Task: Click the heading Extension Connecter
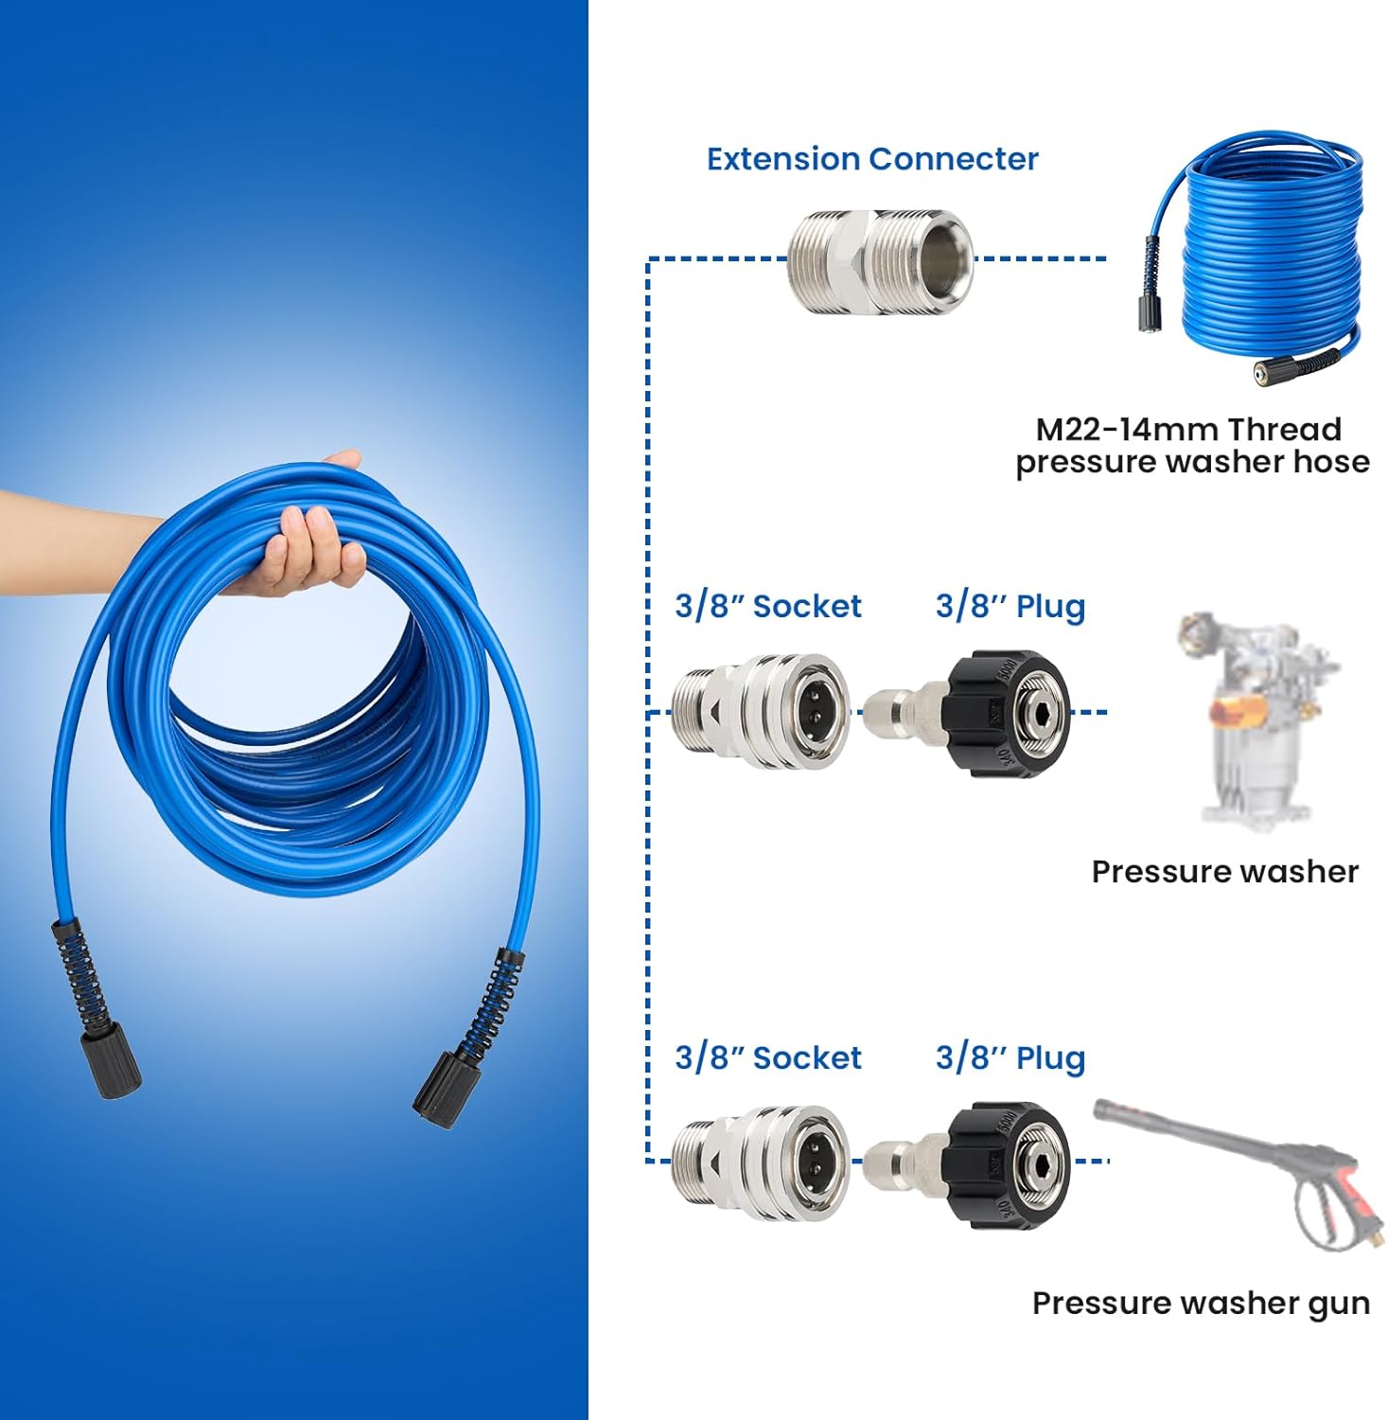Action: [x=872, y=159]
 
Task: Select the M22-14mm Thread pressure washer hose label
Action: [x=1192, y=445]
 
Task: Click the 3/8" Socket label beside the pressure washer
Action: [x=768, y=606]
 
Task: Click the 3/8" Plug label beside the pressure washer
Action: [x=1010, y=607]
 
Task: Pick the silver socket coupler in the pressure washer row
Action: [x=761, y=711]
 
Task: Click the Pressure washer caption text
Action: [x=1225, y=871]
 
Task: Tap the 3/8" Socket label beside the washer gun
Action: [x=768, y=1057]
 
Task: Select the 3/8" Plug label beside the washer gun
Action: [x=1010, y=1058]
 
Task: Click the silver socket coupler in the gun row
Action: [x=761, y=1163]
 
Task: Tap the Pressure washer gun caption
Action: [x=1201, y=1304]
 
